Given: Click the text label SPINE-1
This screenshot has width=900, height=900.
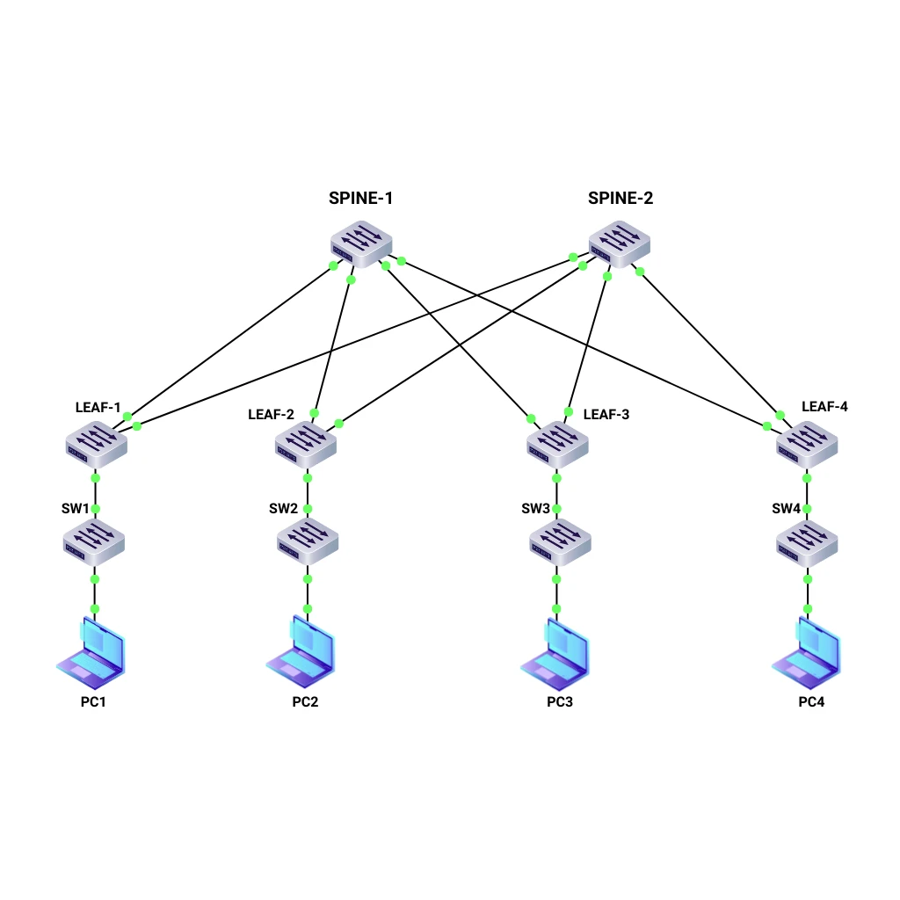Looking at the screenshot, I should (360, 199).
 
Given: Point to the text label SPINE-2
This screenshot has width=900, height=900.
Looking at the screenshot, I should (621, 199).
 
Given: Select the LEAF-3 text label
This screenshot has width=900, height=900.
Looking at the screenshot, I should (606, 414).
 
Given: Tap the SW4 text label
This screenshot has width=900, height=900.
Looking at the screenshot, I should (787, 509).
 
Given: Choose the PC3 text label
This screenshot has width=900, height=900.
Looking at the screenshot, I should (560, 702).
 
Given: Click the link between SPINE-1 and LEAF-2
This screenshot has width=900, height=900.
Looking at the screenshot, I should (333, 346).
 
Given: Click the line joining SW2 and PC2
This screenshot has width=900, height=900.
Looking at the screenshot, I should (308, 594).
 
